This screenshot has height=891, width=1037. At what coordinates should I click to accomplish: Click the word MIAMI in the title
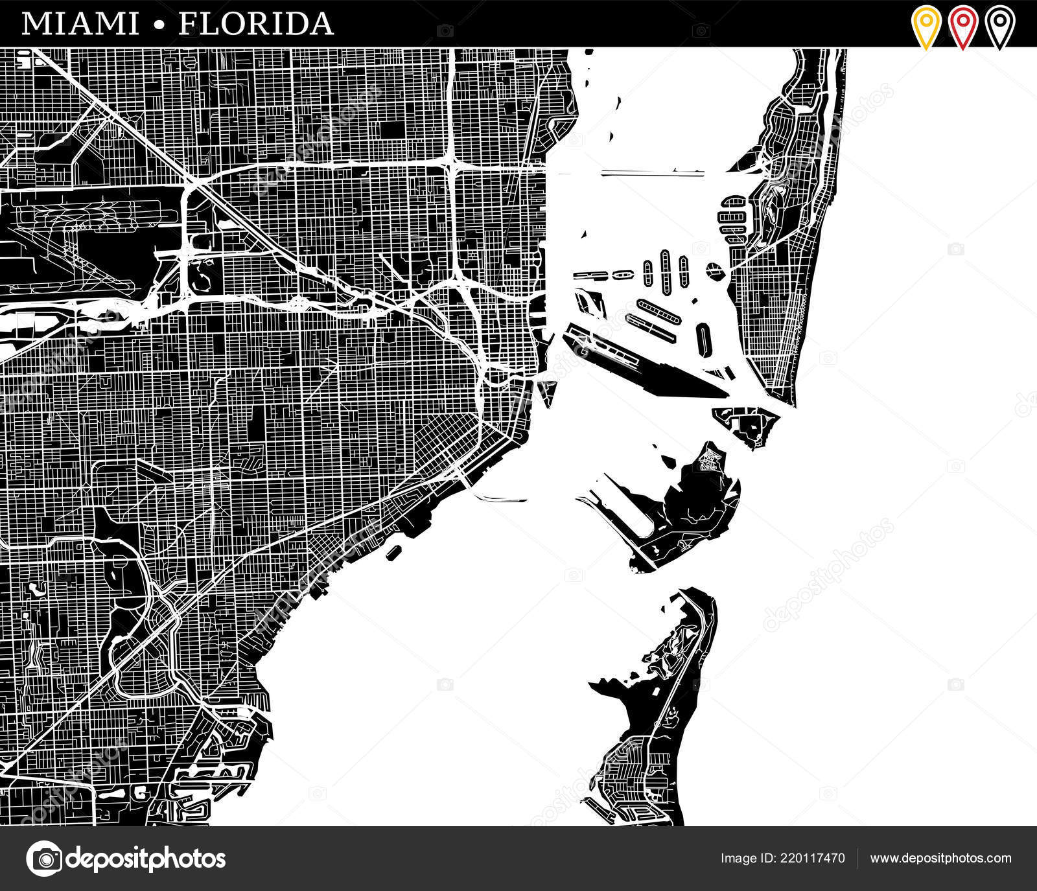pos(80,24)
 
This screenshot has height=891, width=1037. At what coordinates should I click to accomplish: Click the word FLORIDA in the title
pos(256,24)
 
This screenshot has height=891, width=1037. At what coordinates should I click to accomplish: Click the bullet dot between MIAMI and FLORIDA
pos(159,25)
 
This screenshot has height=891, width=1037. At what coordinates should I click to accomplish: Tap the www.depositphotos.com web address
pos(940,859)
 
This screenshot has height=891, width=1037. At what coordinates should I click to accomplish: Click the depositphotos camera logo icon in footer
pos(44,859)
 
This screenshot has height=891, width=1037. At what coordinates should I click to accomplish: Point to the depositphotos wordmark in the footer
pos(146,859)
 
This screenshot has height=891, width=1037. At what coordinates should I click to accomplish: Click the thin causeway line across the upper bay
pos(651,173)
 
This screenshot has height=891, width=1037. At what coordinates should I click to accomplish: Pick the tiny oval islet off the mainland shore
pos(393,553)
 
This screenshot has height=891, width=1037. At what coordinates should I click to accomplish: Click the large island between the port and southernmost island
pos(693,499)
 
